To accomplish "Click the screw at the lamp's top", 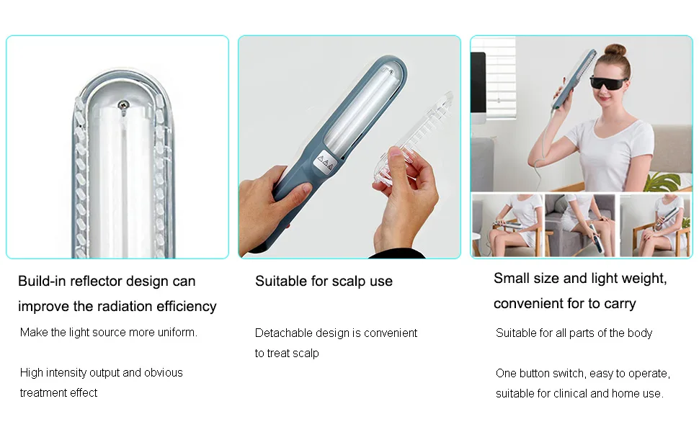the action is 123,105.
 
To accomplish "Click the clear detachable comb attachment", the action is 416,139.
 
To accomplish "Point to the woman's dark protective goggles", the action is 609,83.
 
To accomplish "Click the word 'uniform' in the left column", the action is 177,332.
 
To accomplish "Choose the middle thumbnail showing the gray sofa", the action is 579,225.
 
